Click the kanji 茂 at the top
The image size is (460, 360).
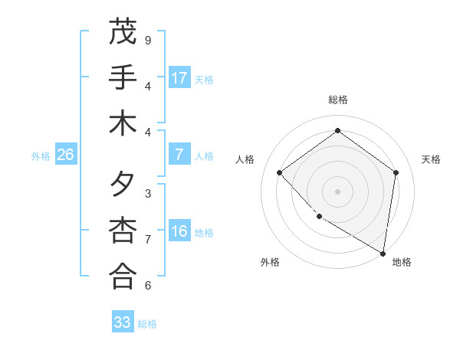123,33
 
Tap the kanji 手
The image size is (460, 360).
123,77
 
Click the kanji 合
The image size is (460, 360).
123,277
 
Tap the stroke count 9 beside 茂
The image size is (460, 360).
148,40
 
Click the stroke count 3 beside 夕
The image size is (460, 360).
148,193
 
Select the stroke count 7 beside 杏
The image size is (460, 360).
148,239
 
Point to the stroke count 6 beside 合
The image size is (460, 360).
148,285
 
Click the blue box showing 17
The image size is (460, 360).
179,78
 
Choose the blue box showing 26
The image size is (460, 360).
65,155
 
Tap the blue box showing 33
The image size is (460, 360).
123,322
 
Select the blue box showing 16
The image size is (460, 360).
179,231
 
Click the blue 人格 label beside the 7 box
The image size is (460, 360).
204,155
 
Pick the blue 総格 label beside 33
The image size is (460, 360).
148,323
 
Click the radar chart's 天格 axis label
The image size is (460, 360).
431,159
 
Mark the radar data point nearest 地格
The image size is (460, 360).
383,252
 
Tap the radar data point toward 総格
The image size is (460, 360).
337,130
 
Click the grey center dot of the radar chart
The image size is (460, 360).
337,191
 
